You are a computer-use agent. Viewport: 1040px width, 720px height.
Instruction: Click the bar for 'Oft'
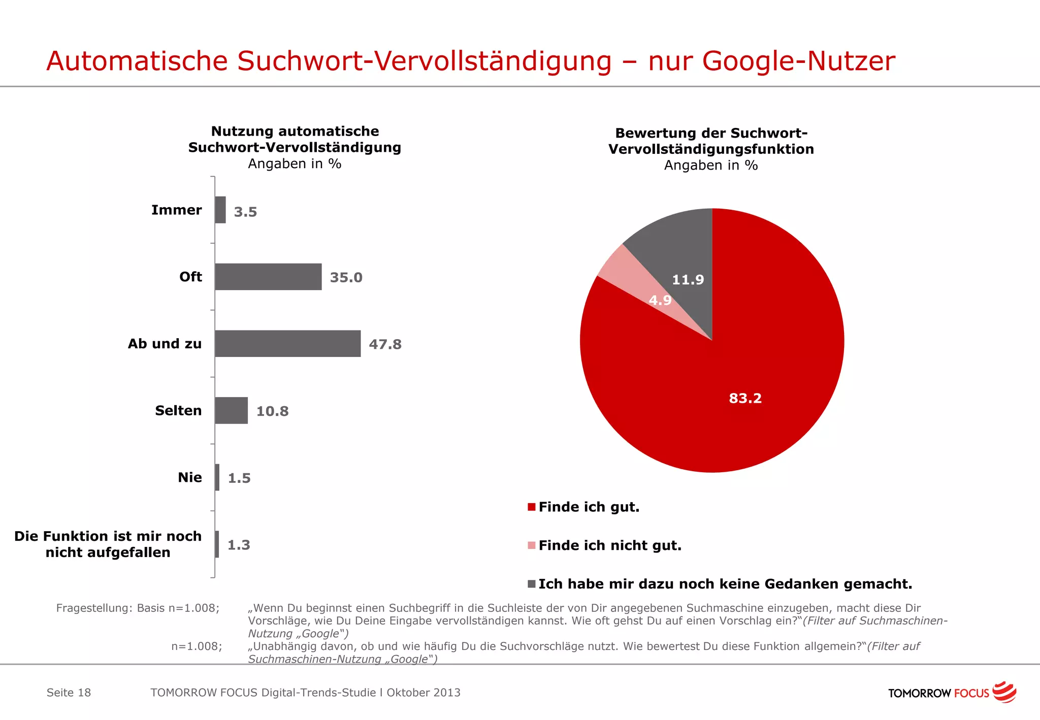coord(268,277)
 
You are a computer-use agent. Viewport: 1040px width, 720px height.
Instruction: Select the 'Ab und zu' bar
coord(287,344)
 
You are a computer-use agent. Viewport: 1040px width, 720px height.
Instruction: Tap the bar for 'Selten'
coord(231,410)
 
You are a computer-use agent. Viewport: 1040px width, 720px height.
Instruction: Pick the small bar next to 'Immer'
coord(220,210)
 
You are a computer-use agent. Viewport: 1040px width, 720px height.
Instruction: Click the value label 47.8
coord(385,344)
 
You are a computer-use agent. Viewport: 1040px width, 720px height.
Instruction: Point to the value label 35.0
coord(346,277)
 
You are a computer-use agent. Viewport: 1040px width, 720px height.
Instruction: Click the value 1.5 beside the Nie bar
coord(239,478)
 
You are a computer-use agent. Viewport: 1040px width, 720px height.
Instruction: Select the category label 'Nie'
coord(190,477)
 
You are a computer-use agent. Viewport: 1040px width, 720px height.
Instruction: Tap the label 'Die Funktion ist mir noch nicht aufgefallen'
coord(108,544)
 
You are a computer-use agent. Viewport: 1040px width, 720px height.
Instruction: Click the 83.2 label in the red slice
coord(745,398)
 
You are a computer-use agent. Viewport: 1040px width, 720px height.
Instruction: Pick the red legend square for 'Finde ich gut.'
coord(532,507)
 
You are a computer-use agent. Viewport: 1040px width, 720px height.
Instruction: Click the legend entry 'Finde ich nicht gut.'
coord(609,545)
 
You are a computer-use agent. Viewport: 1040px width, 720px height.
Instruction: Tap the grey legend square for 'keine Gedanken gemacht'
coord(532,584)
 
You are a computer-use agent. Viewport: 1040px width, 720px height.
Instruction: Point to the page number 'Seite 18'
coord(69,693)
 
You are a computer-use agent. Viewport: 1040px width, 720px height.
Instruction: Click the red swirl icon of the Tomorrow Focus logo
coord(1004,692)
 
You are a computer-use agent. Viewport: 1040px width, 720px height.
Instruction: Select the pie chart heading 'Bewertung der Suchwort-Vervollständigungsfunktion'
coord(711,141)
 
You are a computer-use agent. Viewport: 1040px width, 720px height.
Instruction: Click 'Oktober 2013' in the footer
coord(424,693)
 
